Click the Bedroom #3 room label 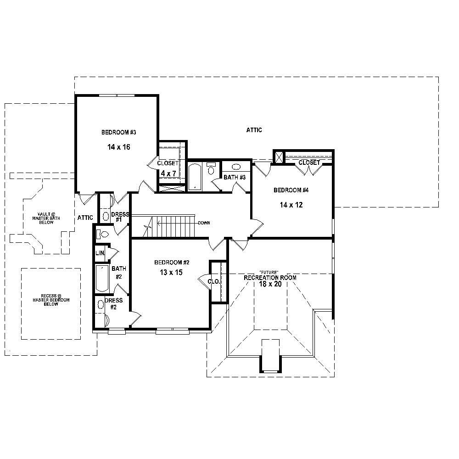(119, 133)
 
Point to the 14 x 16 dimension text (119, 147)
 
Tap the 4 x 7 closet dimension (168, 174)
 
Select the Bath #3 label (235, 177)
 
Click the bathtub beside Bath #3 (195, 176)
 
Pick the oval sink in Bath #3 (236, 167)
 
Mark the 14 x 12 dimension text (291, 205)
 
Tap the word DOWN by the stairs (204, 223)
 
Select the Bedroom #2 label (172, 263)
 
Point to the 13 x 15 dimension (172, 272)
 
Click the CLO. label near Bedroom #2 (213, 281)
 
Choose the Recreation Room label (270, 278)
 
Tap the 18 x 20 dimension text (270, 285)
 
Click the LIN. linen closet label (100, 253)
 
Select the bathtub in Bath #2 (101, 279)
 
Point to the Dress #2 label (114, 303)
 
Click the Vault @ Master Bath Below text (46, 218)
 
